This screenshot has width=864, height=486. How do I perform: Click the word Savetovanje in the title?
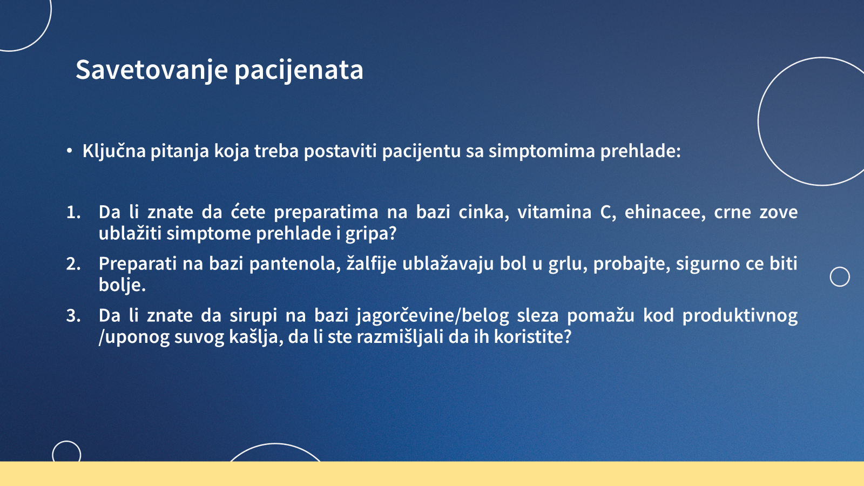pyautogui.click(x=152, y=71)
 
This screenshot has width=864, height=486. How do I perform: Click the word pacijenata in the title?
pyautogui.click(x=299, y=71)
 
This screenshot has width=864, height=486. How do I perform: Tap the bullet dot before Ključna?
pyautogui.click(x=69, y=151)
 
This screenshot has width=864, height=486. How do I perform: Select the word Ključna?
pyautogui.click(x=114, y=151)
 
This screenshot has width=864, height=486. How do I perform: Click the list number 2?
pyautogui.click(x=73, y=264)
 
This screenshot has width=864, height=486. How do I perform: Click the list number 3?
pyautogui.click(x=73, y=316)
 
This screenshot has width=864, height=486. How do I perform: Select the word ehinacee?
pyautogui.click(x=665, y=213)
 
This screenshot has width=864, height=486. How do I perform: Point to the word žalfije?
pyautogui.click(x=372, y=264)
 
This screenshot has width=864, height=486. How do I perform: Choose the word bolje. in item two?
pyautogui.click(x=122, y=286)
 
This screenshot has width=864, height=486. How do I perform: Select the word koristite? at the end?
pyautogui.click(x=532, y=337)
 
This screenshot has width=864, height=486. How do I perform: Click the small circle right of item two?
pyautogui.click(x=840, y=276)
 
